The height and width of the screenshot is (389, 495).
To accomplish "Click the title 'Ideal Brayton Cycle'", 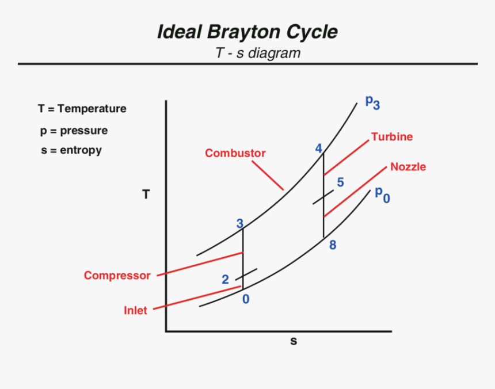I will click(x=247, y=32).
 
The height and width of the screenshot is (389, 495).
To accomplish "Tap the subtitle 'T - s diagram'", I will click(x=258, y=54).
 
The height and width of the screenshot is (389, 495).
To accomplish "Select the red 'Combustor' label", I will click(x=235, y=153).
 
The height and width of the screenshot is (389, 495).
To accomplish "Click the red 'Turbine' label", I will click(x=392, y=137).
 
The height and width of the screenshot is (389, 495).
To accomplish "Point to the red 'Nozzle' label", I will click(x=408, y=167).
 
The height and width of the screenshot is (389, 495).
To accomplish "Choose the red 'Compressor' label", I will click(x=117, y=276).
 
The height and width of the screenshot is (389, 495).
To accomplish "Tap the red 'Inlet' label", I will click(x=135, y=311).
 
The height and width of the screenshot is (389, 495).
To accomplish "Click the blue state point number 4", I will click(x=318, y=148).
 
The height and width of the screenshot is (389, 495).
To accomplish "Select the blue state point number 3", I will click(x=240, y=224).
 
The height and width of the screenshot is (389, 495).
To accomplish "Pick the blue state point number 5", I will click(x=340, y=182).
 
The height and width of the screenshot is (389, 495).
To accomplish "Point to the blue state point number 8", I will click(x=333, y=245).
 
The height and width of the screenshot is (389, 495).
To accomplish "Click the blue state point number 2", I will click(x=225, y=280).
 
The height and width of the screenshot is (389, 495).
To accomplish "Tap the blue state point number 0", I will click(x=246, y=299).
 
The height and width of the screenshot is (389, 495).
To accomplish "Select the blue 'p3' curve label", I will click(x=372, y=102).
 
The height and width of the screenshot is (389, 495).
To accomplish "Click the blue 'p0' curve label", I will click(x=382, y=194).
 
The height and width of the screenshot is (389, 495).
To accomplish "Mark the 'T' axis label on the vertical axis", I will click(x=146, y=195).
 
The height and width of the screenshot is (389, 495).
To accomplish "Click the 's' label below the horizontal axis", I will click(x=294, y=341).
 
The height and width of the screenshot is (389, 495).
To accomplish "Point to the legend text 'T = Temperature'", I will click(x=82, y=109).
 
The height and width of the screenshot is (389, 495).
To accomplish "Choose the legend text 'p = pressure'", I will click(x=74, y=131).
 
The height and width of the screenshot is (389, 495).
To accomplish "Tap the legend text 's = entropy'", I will click(x=71, y=151).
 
